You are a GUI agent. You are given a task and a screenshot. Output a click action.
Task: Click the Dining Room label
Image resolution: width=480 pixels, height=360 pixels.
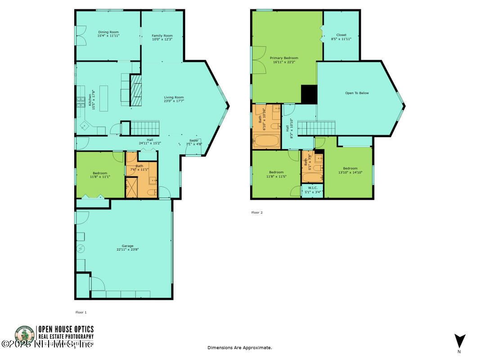tap(108, 32)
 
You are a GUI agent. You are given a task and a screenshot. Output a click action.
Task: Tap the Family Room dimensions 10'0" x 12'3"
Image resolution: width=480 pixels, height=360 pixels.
tap(162, 40)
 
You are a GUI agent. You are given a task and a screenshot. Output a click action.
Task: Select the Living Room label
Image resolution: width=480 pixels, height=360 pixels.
tap(174, 97)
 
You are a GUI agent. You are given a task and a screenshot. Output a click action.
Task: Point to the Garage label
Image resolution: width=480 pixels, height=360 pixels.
tap(128, 246)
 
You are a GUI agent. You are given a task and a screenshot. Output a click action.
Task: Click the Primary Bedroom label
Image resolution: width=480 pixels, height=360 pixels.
tap(284, 58)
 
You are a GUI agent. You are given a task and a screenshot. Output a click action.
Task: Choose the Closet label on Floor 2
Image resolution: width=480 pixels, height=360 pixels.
tap(341, 35)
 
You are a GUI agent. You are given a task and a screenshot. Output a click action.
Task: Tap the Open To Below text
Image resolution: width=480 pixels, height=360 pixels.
tap(357, 93)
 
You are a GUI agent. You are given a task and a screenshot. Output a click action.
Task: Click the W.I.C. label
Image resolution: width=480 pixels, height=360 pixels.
tap(313, 187)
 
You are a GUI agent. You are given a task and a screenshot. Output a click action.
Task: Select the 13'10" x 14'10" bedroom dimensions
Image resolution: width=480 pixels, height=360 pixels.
tap(350, 172)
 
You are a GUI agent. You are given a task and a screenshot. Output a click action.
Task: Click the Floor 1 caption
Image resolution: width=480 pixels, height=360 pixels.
tap(81, 312)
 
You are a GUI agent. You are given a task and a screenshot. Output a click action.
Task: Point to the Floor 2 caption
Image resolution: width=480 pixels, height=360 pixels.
tap(257, 212)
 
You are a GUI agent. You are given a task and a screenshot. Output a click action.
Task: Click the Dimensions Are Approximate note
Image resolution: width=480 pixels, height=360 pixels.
tap(240, 347)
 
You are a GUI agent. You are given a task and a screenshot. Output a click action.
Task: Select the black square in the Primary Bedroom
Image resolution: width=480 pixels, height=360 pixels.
tap(309, 94)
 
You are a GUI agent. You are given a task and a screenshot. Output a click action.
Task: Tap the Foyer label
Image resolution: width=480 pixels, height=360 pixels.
tap(194, 141)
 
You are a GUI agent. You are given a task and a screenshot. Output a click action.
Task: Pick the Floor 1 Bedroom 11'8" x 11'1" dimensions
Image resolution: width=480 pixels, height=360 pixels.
tap(100, 177)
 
